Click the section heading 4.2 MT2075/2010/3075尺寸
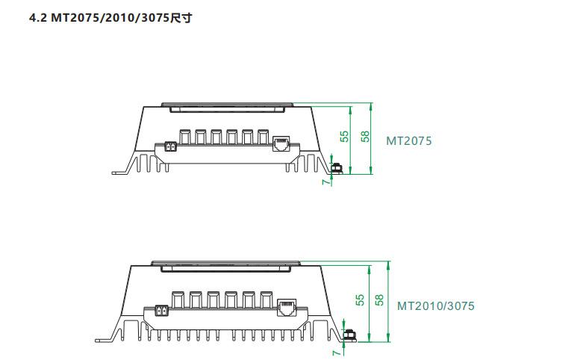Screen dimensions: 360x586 point(110,16)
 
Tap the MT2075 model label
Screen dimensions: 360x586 point(408,140)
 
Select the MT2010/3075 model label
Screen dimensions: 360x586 point(435,306)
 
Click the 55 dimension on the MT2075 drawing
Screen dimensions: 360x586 point(344,137)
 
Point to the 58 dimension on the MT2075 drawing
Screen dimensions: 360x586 point(364,137)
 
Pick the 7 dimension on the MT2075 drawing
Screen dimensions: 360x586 point(325,181)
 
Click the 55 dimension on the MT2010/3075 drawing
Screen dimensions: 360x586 point(360,300)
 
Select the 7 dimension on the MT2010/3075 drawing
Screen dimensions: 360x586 point(335,349)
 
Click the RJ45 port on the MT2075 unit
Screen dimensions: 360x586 point(281,143)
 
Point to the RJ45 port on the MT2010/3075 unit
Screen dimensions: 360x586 point(287,307)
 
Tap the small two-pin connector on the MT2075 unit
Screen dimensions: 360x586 point(169,147)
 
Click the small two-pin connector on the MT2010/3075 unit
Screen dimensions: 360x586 point(160,311)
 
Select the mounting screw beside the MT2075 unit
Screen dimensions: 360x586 point(337,169)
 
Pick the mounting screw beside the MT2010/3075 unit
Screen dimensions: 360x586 point(348,335)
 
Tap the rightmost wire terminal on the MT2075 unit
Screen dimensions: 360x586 point(263,137)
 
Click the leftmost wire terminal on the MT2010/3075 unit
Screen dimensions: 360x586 point(178,299)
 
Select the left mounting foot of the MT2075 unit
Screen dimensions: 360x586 point(119,173)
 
